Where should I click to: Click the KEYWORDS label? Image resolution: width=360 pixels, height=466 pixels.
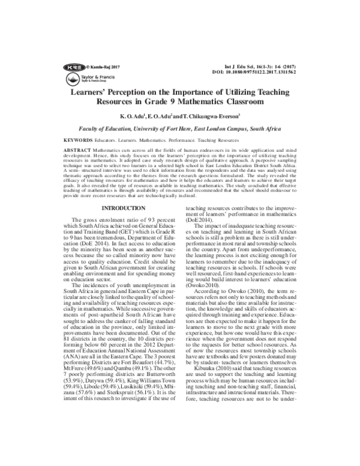78,139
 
